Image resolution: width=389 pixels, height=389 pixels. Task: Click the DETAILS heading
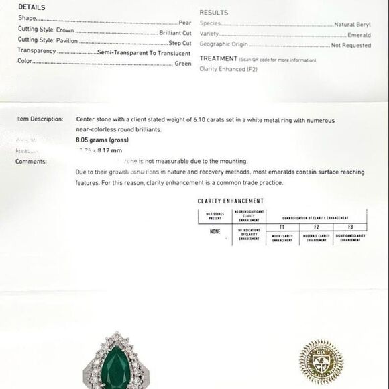pos(32,7)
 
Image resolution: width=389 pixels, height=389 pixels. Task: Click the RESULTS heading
pos(213,13)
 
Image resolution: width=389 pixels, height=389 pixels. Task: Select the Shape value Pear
pos(184,22)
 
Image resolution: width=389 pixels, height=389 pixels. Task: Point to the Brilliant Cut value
pos(175,32)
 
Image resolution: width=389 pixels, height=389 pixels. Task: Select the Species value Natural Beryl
pos(352,23)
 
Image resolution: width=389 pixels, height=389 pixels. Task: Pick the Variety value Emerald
pos(359,35)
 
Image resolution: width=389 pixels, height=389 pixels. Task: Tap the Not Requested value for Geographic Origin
pos(351,46)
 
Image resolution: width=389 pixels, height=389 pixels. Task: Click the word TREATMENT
pos(219,59)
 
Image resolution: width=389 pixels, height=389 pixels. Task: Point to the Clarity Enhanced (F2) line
pos(229,69)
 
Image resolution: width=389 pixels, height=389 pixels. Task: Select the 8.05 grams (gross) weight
pos(102,140)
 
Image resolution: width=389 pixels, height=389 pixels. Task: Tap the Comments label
pos(31,162)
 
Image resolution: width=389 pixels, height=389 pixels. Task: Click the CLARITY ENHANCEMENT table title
pos(230,201)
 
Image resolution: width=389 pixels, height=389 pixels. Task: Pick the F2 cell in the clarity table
pos(316,227)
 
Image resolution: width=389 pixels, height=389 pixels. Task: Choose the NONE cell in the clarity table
pos(215,231)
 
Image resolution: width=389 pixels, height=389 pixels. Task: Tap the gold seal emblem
pos(321,362)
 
